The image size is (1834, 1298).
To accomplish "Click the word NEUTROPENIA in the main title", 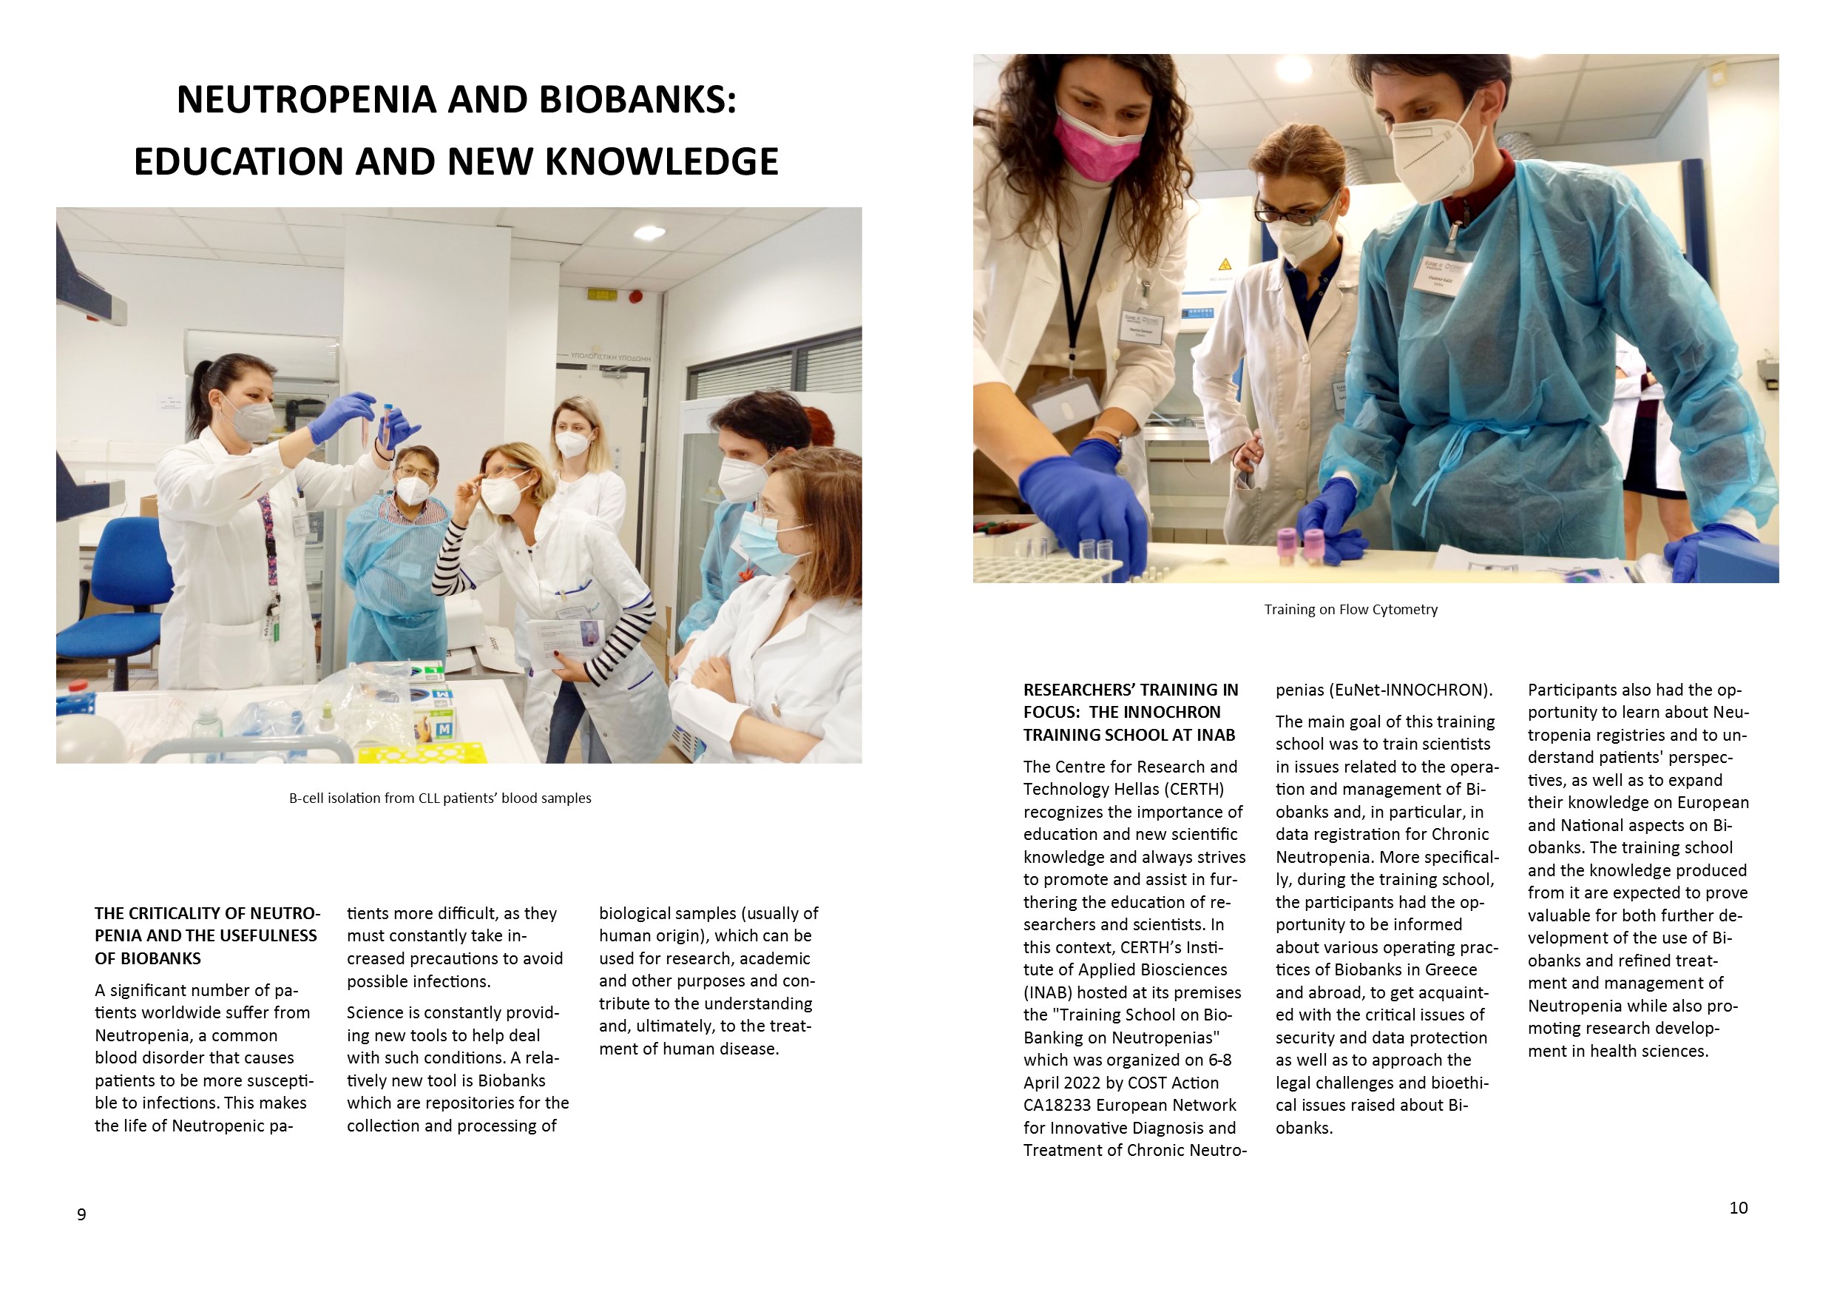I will pos(306,100).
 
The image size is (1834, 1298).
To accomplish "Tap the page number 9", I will pos(81,1215).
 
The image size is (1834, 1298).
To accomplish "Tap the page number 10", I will pos(1738,1208).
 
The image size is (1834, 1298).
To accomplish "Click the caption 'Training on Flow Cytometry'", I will pos(1350,610).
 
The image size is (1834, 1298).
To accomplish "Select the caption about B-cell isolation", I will pos(440,798).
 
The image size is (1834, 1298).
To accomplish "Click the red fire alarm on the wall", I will pos(636,297).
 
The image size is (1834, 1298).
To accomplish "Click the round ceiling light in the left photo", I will pos(649,232).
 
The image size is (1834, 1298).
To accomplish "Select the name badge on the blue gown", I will pos(1442,277).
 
